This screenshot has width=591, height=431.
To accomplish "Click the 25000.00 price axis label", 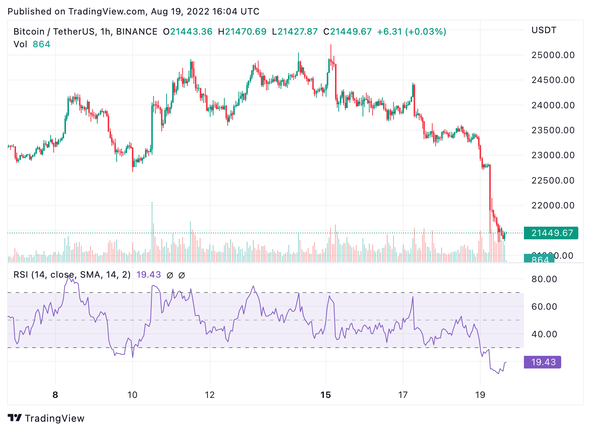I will (553, 55).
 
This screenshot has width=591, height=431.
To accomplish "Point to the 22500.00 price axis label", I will (553, 181).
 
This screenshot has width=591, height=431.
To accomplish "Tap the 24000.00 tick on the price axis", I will (553, 105).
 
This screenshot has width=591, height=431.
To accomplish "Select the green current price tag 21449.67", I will (551, 233).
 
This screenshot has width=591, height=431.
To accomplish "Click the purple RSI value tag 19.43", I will (543, 362).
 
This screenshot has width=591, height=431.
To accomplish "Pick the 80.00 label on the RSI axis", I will (544, 279).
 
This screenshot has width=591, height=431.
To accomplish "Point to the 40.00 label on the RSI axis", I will (544, 334).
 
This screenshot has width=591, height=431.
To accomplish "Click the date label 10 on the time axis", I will (133, 395).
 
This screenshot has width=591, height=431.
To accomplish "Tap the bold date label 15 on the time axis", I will (326, 395).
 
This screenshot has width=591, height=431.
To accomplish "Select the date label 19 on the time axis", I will (480, 395).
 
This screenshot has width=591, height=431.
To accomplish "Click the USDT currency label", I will (544, 30).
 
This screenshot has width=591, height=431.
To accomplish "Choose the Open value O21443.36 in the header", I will (188, 32).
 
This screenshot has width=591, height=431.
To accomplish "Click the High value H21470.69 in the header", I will (242, 32).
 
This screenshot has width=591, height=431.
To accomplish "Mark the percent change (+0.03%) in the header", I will (426, 32).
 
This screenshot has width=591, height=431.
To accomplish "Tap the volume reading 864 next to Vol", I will (41, 44).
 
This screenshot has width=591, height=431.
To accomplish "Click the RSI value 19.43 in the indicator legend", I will (148, 275).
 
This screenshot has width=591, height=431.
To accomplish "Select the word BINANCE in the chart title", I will (137, 32).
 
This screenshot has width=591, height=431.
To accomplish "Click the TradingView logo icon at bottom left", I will (15, 418).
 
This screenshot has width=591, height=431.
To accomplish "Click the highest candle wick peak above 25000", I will (331, 45).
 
